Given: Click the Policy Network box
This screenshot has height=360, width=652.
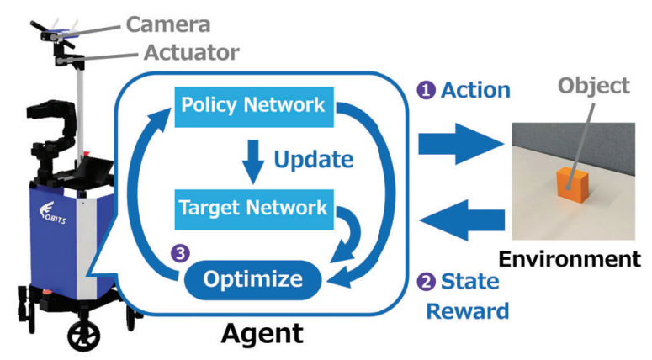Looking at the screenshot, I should [253, 106].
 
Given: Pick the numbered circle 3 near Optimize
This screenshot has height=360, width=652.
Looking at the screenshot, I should [181, 251].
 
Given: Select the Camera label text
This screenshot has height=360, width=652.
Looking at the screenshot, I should [168, 24].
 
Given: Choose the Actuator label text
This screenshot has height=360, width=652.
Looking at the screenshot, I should [191, 52].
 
